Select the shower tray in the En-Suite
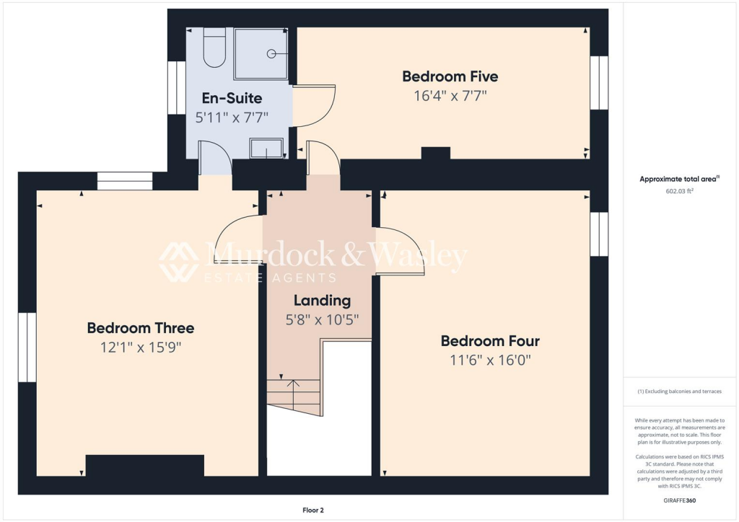coord(261,53)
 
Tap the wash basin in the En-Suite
coord(267,149)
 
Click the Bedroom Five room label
coord(450,76)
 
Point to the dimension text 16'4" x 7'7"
coord(450,95)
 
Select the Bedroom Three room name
coord(140,328)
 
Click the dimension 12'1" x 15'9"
coord(140,347)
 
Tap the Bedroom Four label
coord(490,341)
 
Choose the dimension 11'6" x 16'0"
coord(490,360)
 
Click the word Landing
coord(322,301)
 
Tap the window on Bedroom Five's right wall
coord(599,83)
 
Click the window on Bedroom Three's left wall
coord(27,347)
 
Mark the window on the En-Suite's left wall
coord(177,87)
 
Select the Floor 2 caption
coord(313,510)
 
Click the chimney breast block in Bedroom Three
coord(144,465)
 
